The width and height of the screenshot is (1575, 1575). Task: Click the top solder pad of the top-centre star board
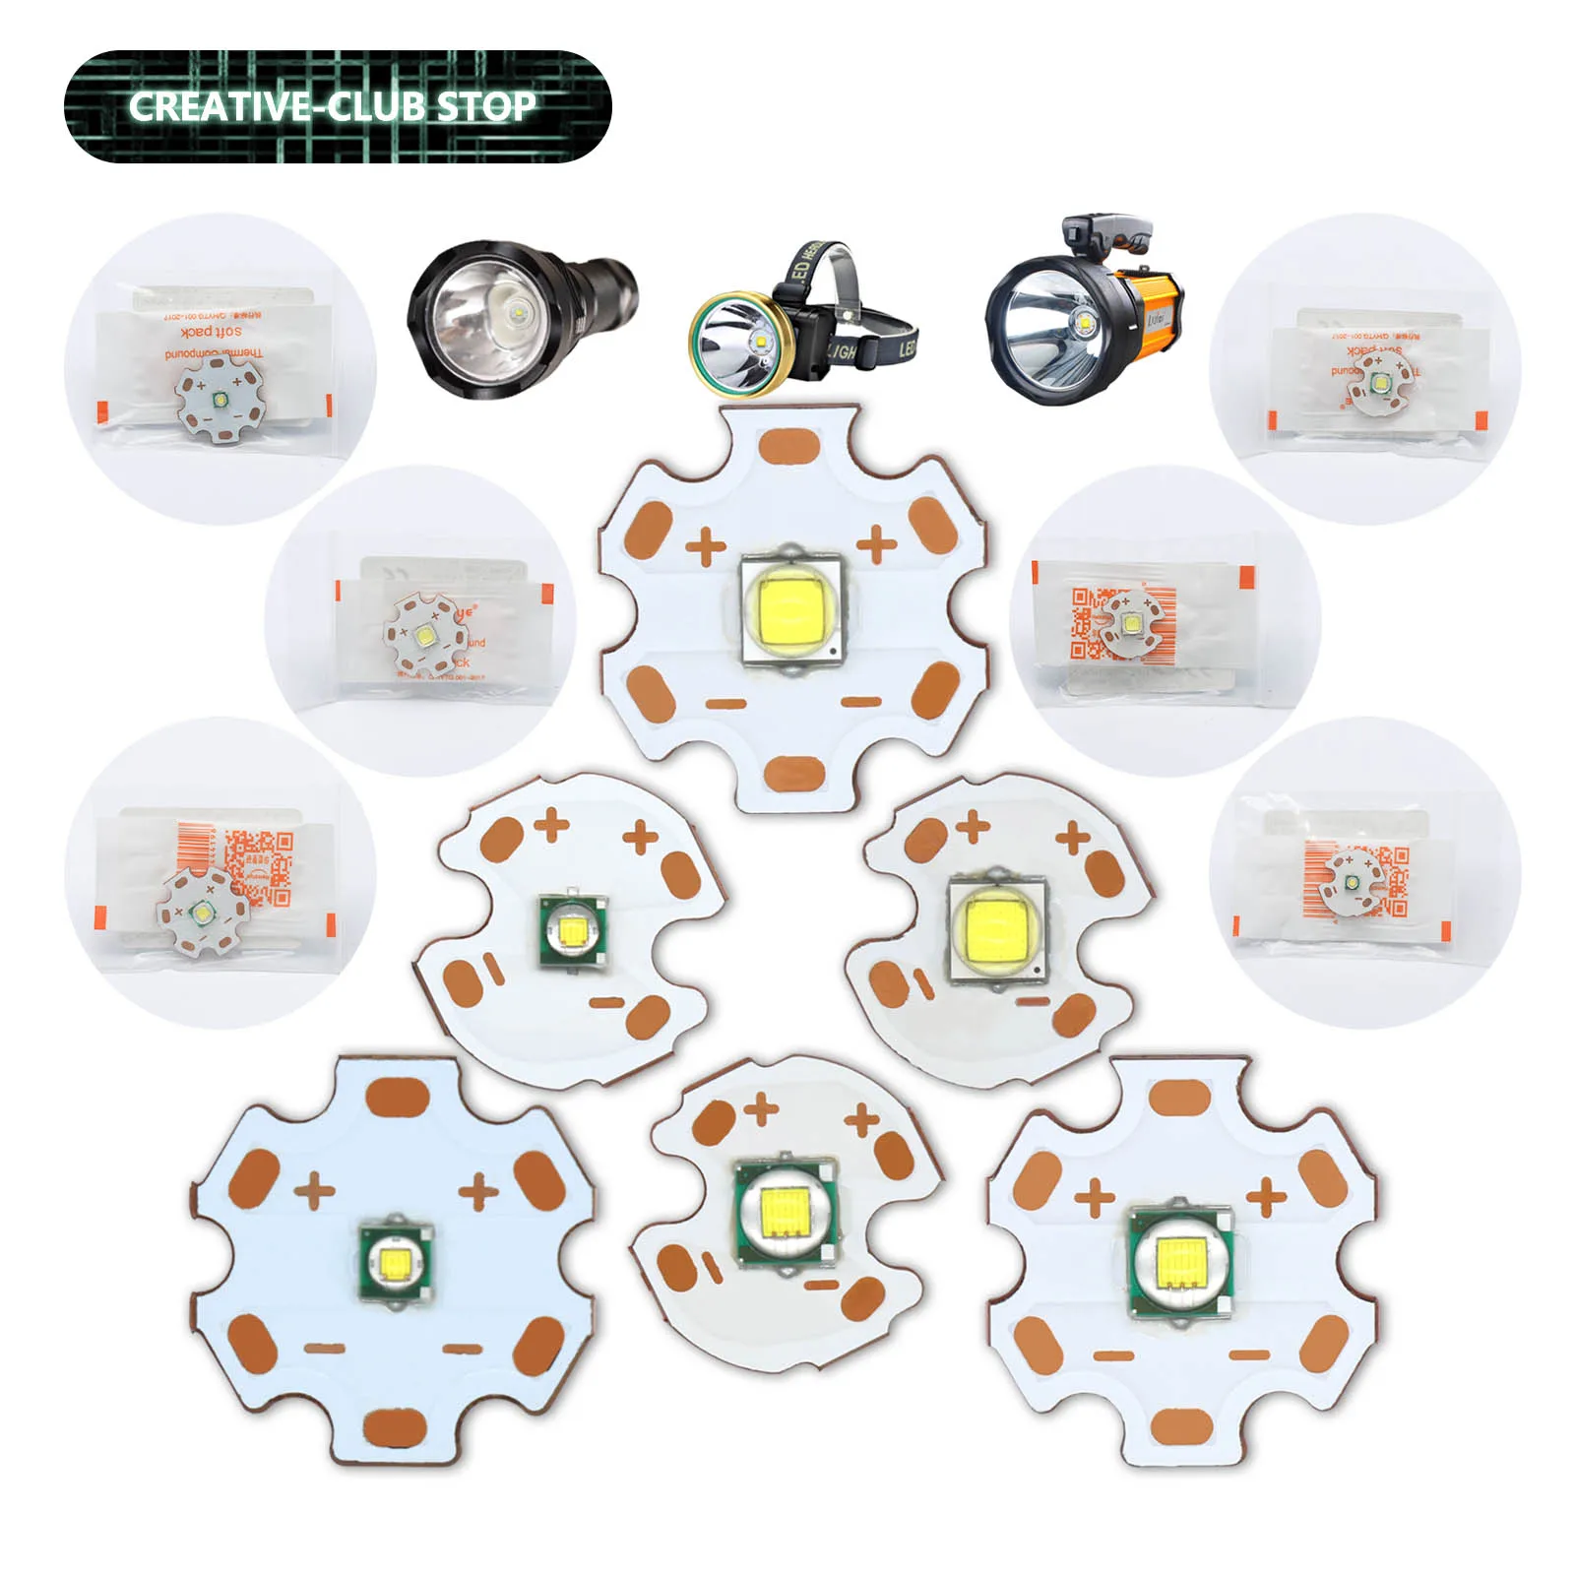[790, 446]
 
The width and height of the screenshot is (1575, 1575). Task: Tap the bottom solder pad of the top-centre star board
[794, 774]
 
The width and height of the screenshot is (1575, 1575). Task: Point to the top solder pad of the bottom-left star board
[398, 1099]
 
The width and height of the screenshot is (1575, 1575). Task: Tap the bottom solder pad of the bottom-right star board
[1180, 1426]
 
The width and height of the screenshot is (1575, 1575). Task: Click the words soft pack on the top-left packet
[211, 332]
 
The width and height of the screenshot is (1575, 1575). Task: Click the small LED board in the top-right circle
[1378, 383]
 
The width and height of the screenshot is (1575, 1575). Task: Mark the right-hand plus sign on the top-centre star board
[876, 543]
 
